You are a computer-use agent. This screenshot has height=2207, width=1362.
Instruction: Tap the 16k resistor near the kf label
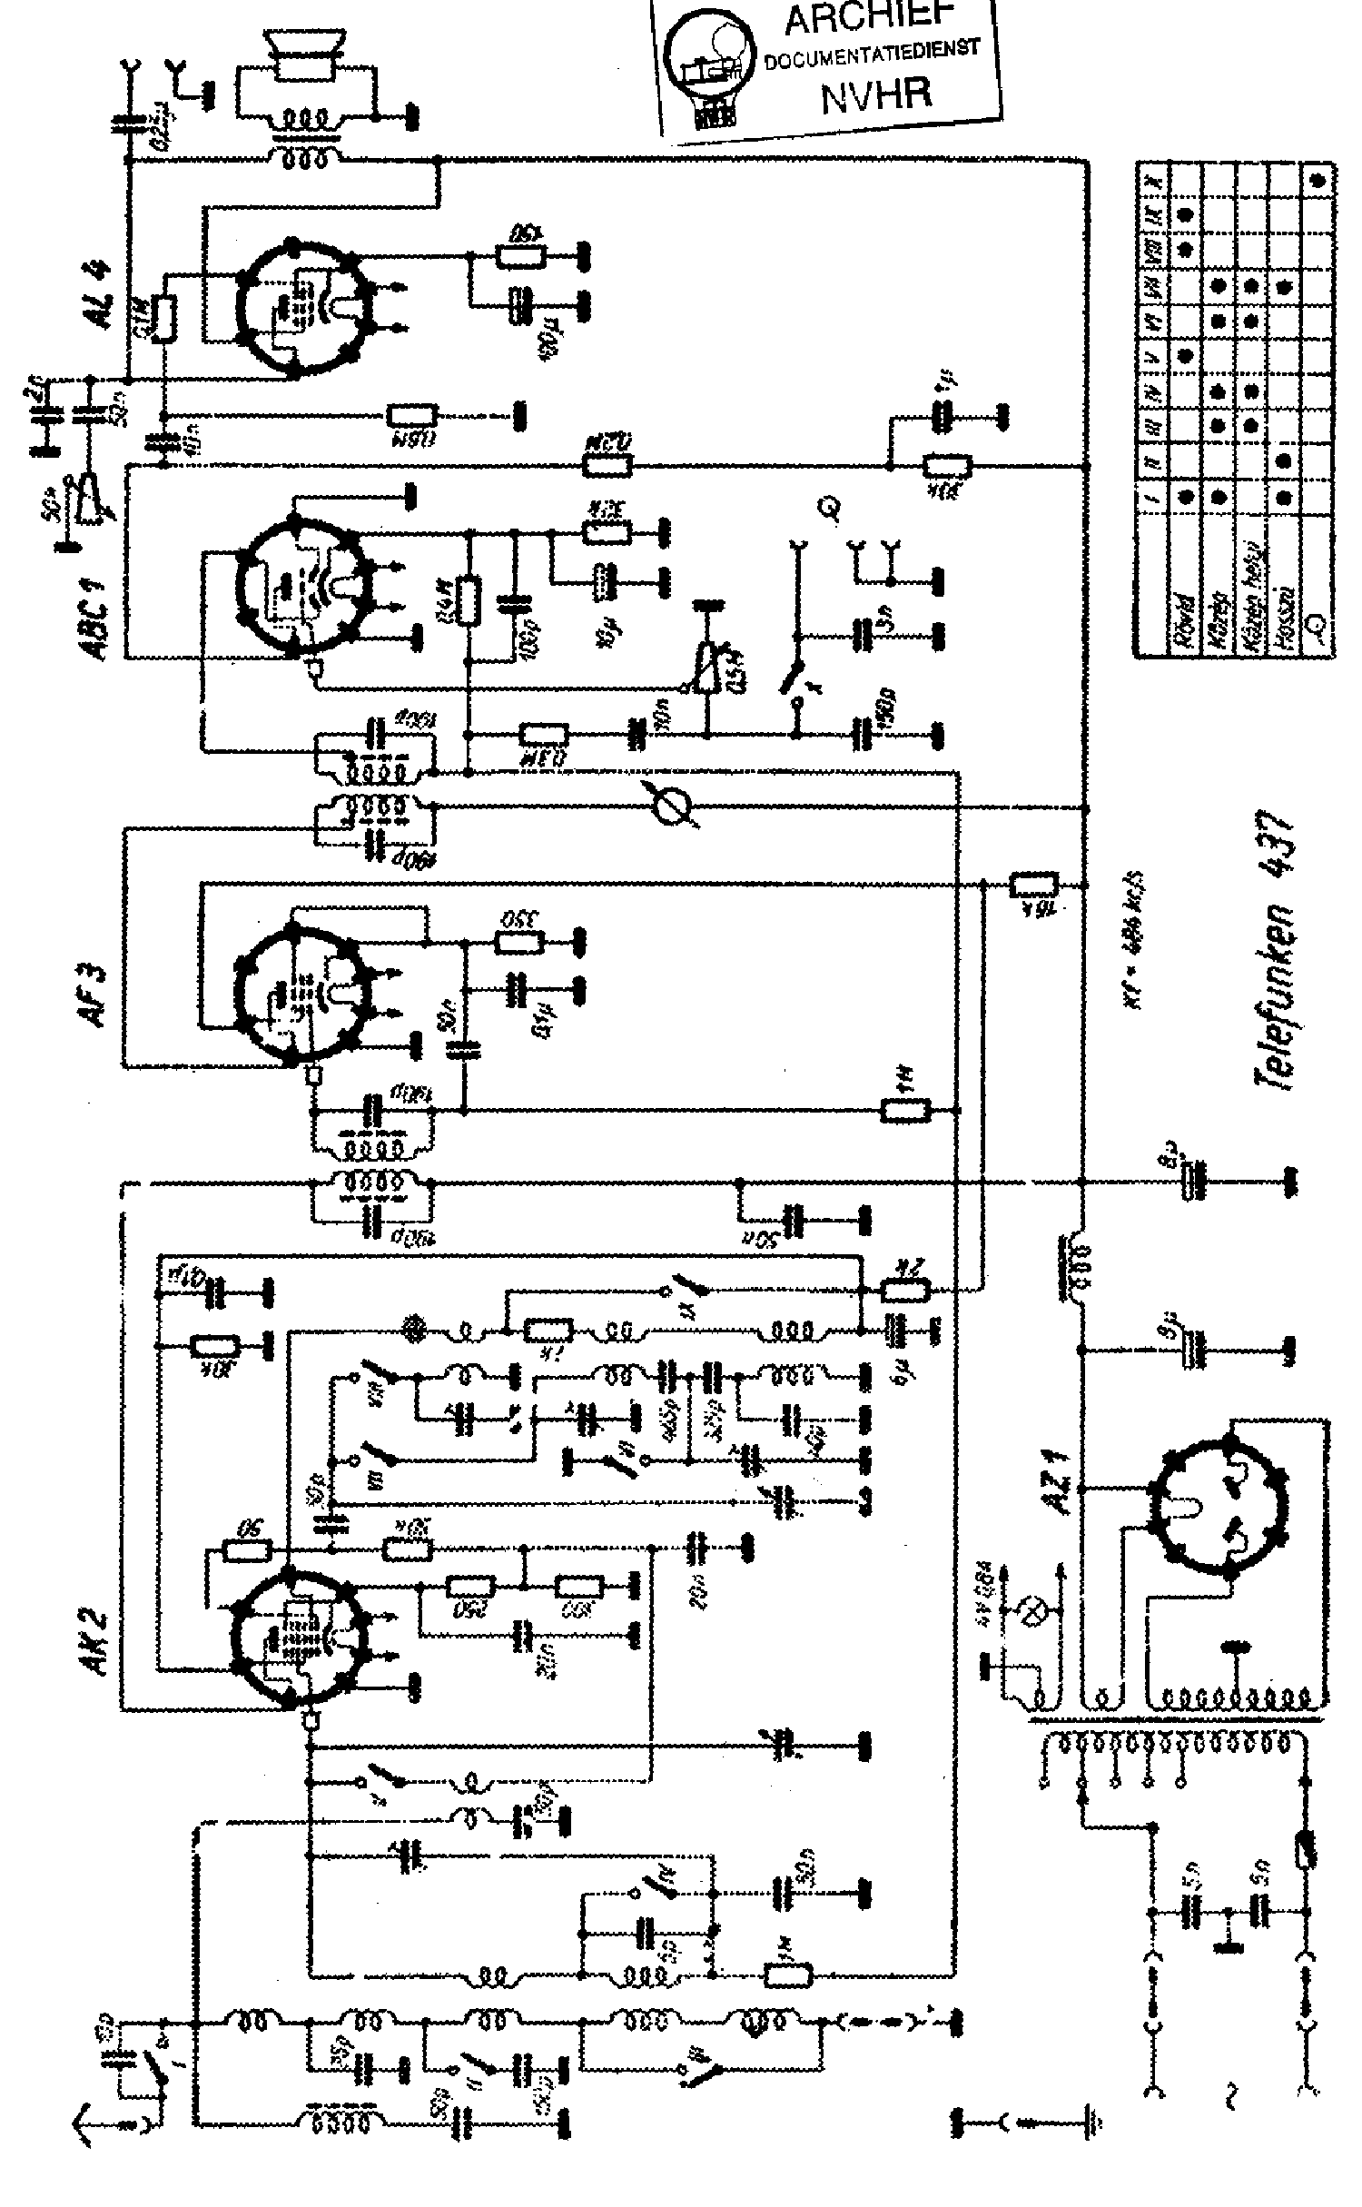[1034, 883]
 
